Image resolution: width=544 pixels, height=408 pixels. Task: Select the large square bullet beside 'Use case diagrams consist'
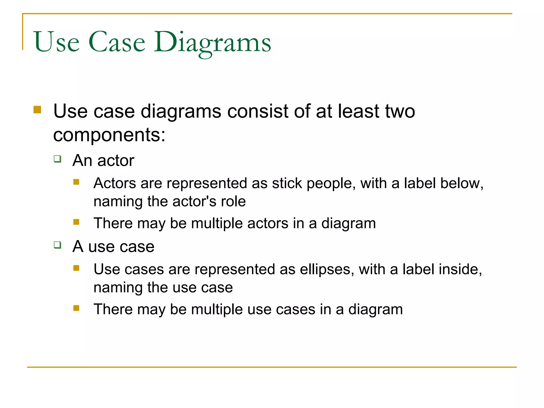click(x=37, y=110)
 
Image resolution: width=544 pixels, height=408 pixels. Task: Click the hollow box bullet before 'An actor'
click(x=57, y=159)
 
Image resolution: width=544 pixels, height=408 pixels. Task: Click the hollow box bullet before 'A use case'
click(x=57, y=245)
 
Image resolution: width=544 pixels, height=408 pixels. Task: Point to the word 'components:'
click(x=109, y=135)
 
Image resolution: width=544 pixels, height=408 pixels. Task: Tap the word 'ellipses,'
click(x=327, y=269)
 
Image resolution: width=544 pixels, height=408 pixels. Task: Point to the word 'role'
click(x=234, y=201)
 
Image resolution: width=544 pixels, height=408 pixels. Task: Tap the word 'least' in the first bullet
click(x=358, y=111)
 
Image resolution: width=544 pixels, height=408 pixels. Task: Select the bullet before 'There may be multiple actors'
click(x=76, y=222)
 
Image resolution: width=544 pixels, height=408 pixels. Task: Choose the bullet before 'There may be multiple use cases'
click(x=76, y=308)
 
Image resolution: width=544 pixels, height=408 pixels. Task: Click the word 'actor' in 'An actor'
click(x=116, y=161)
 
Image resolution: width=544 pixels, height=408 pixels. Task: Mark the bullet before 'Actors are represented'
click(x=76, y=182)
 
